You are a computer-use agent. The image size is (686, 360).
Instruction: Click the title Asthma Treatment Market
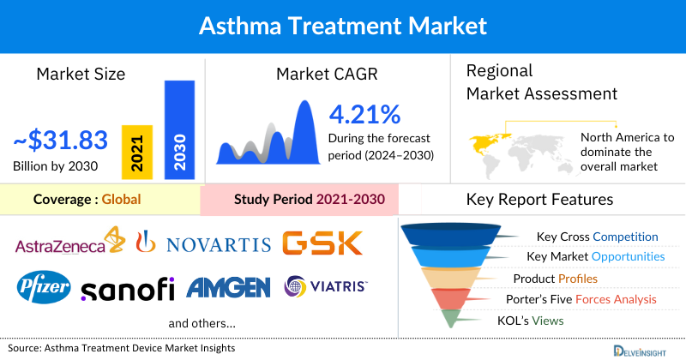tap(343, 26)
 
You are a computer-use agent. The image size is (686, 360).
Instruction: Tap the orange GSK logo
tap(322, 243)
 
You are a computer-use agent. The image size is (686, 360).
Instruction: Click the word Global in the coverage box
tap(121, 200)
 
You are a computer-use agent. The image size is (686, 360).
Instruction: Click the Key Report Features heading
tap(539, 200)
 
